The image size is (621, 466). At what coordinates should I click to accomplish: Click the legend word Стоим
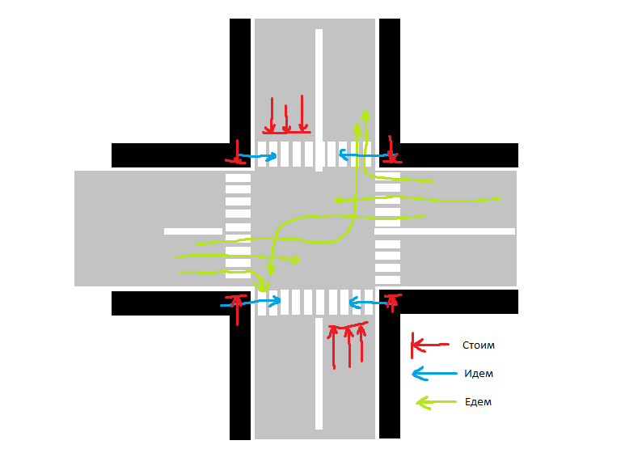[x=478, y=345]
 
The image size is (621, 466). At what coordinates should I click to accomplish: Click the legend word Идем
[x=479, y=374]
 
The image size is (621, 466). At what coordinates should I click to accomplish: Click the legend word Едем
[x=478, y=402]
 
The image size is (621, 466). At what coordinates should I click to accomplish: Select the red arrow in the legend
[x=429, y=345]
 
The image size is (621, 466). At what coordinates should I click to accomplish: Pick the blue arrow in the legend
[x=430, y=374]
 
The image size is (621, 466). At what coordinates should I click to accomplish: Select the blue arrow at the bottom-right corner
[x=369, y=303]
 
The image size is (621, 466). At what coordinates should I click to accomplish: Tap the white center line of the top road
[x=319, y=81]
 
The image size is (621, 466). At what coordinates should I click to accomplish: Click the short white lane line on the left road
[x=192, y=231]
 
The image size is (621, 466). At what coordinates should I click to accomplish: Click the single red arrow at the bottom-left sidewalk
[x=237, y=309]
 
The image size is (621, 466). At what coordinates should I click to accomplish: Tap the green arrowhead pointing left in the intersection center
[x=340, y=199]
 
